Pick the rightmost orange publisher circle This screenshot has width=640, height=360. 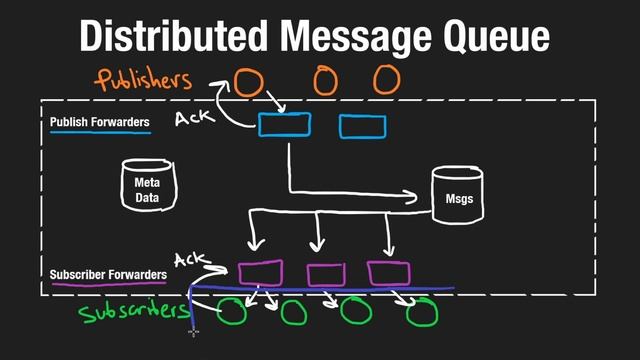(386, 80)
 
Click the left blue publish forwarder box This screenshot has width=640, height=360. (285, 124)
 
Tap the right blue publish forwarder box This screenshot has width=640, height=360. (363, 125)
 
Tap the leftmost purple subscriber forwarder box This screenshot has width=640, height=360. (260, 272)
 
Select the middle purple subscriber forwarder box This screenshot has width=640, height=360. (325, 274)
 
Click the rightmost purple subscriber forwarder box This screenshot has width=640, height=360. (389, 272)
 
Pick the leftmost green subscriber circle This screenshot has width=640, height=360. (233, 312)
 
